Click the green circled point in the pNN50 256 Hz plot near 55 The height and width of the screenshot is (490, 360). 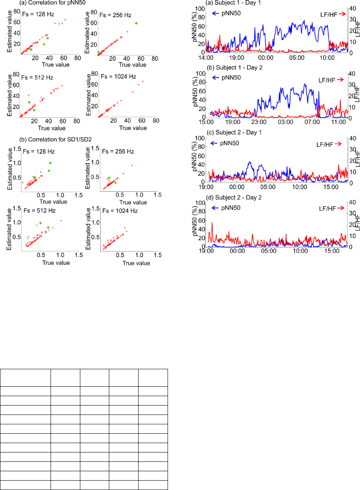click(x=136, y=23)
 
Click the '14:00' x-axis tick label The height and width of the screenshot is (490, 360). click(x=206, y=58)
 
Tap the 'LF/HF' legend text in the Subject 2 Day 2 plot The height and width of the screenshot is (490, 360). click(x=327, y=208)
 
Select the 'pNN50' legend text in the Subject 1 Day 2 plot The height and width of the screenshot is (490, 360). click(x=231, y=77)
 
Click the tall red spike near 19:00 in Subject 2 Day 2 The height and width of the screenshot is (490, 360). click(x=212, y=223)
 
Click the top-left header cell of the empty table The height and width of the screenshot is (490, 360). click(x=25, y=378)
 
